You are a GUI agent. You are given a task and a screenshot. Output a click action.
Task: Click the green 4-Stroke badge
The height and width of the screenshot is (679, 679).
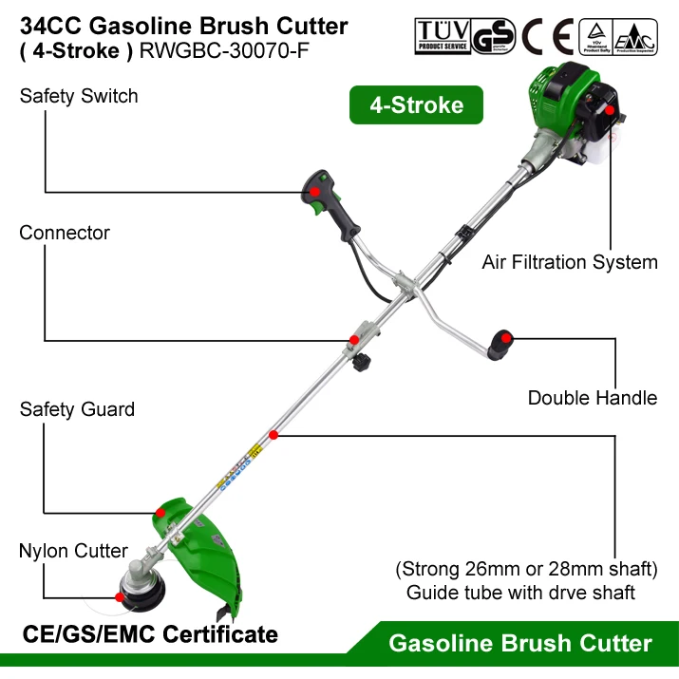(416, 105)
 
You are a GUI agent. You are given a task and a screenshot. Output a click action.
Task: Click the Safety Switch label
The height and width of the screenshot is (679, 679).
(78, 96)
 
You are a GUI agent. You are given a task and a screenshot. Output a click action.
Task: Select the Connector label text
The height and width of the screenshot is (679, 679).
(65, 233)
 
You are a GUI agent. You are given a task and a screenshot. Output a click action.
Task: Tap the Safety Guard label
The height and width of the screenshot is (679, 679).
(77, 409)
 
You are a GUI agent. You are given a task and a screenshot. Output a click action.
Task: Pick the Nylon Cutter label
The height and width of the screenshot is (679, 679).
(73, 551)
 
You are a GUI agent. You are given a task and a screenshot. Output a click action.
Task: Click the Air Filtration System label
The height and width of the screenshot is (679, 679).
(569, 261)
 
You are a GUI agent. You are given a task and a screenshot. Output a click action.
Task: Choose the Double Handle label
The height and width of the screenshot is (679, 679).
(592, 398)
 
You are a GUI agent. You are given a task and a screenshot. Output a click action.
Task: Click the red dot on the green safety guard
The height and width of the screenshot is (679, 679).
(160, 512)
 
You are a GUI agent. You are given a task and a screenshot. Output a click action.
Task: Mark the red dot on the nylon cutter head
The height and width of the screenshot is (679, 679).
(120, 597)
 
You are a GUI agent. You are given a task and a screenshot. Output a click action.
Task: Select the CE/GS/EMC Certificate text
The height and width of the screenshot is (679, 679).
(150, 633)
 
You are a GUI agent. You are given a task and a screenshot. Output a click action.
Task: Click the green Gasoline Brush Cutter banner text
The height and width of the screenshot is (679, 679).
(520, 644)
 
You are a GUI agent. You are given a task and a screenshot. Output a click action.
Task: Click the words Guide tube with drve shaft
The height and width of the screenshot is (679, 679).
(520, 593)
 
